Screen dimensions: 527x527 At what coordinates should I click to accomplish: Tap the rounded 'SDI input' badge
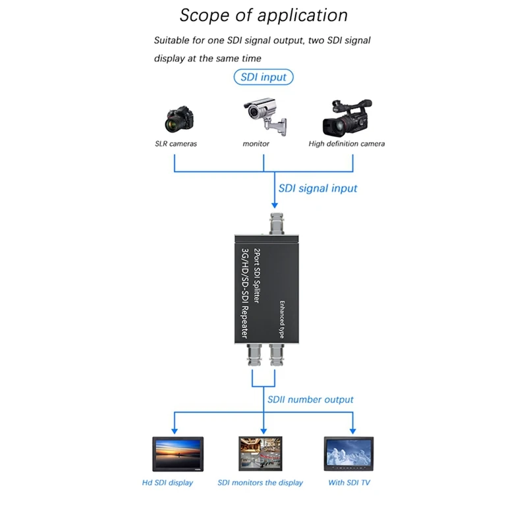[x=263, y=77]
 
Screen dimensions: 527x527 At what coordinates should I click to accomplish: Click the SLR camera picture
[x=179, y=119]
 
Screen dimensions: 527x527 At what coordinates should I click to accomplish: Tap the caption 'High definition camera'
[x=347, y=144]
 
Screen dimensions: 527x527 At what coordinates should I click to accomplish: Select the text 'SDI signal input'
[x=318, y=188]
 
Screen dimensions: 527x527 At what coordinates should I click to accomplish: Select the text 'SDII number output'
[x=310, y=400]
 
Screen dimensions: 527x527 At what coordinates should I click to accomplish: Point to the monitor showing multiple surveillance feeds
[x=260, y=454]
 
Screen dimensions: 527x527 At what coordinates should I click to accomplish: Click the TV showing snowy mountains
[x=349, y=454]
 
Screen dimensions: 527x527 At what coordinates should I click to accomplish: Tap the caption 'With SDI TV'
[x=349, y=483]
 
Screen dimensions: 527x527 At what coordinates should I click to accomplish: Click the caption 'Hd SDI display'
[x=168, y=483]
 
